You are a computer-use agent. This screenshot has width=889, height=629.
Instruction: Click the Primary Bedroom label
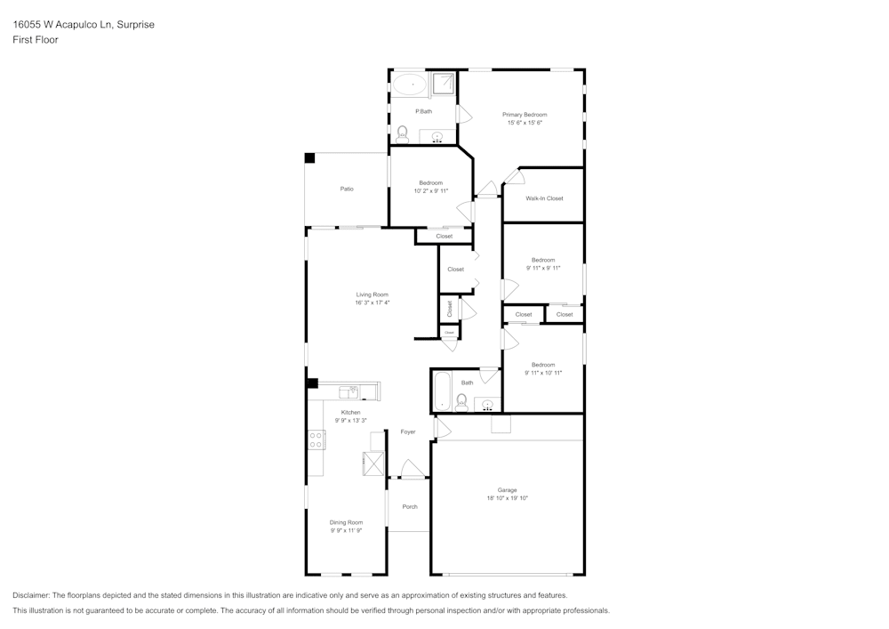coord(525,115)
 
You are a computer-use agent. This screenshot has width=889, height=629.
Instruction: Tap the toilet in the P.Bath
coord(403,134)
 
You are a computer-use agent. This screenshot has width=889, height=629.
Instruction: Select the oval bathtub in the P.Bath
coord(410,86)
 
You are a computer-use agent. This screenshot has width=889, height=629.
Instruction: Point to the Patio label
coord(347,189)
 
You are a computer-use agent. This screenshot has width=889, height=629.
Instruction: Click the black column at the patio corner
coord(309,158)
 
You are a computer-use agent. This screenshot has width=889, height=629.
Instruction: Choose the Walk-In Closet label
coord(544,198)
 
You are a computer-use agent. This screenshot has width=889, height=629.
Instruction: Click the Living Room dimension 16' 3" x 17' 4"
coord(372,302)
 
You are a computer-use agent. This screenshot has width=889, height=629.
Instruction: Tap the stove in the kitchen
coord(316,439)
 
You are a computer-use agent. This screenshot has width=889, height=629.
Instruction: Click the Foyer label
coord(408,431)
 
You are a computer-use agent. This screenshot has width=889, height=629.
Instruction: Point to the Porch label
coord(410,507)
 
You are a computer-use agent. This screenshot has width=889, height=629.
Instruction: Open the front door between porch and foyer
coord(411,470)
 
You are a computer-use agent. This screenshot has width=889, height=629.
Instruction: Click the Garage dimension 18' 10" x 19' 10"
coord(507,498)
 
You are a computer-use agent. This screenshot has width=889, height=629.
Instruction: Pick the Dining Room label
coord(346,522)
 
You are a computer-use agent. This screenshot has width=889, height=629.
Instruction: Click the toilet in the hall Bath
coord(461,403)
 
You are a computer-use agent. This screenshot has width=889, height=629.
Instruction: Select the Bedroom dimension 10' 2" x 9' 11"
coord(431,190)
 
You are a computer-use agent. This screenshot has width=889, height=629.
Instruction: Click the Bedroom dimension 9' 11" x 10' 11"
coord(543,373)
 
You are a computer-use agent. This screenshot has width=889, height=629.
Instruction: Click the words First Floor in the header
coord(36,40)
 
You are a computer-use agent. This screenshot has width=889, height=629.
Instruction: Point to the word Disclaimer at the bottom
coord(31,595)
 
